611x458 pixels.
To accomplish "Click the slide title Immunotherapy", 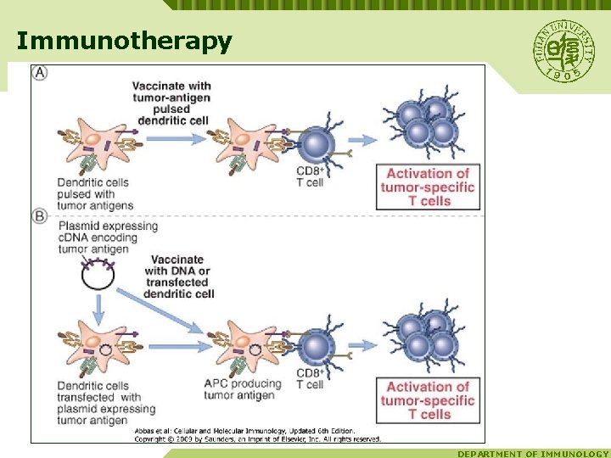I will tap(124, 41).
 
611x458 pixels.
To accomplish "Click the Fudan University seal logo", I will tap(563, 51).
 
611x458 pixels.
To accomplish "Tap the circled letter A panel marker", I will tap(40, 73).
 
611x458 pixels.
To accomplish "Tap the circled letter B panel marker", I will tap(40, 217).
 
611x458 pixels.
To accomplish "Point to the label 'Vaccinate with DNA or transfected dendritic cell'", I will tap(179, 276).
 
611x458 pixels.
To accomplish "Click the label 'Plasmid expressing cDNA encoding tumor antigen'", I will tap(109, 237).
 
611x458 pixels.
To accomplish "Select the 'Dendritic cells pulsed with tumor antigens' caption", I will tap(96, 194).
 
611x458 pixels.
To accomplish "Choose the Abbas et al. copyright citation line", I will tap(258, 434).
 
